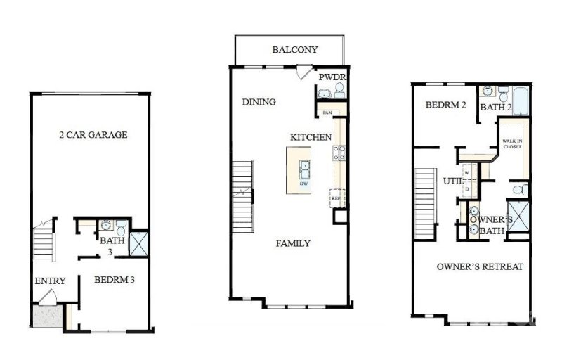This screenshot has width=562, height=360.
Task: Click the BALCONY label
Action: point(295,50)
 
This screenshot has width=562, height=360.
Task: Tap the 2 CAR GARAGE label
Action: point(93,134)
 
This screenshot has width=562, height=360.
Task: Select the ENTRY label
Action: point(50,281)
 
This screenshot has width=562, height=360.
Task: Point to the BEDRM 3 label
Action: point(115,280)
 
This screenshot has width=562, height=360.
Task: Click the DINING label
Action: point(259,102)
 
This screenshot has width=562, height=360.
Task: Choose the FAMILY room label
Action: point(293,243)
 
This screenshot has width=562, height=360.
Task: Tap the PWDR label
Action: point(330,77)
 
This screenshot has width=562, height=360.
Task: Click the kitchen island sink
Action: point(306,169)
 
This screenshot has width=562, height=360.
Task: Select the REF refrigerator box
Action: point(337,199)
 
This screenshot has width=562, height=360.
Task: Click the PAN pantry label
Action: point(327,112)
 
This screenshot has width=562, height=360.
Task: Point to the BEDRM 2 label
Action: point(445,105)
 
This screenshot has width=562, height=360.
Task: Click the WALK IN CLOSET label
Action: point(511,143)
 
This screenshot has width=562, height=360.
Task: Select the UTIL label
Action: point(450,181)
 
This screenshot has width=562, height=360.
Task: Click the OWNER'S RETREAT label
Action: point(480,267)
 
